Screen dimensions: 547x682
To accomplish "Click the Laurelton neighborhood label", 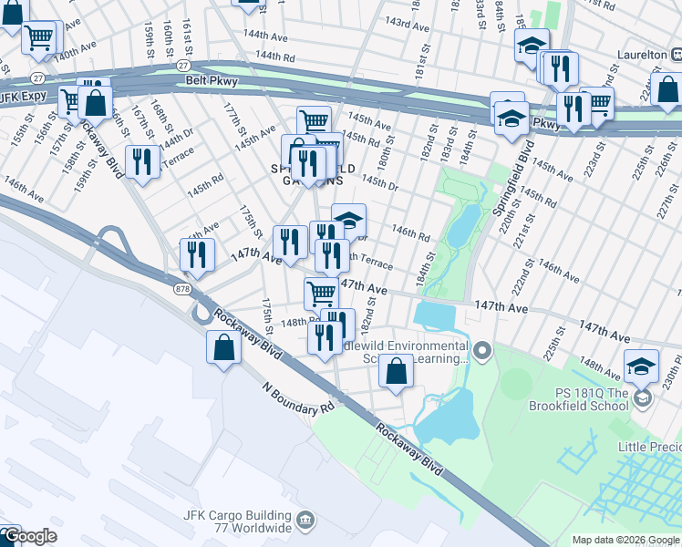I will pyautogui.click(x=642, y=56).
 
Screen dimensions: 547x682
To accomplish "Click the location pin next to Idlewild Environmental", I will pyautogui.click(x=482, y=350).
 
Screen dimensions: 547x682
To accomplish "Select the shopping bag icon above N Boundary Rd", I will pyautogui.click(x=224, y=348).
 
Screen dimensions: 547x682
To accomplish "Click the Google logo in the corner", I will pyautogui.click(x=28, y=536).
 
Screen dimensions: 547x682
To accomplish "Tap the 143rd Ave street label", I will pyautogui.click(x=407, y=24).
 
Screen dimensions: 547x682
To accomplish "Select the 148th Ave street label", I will pyautogui.click(x=599, y=368).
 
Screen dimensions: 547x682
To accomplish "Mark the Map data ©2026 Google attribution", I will pyautogui.click(x=625, y=540).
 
